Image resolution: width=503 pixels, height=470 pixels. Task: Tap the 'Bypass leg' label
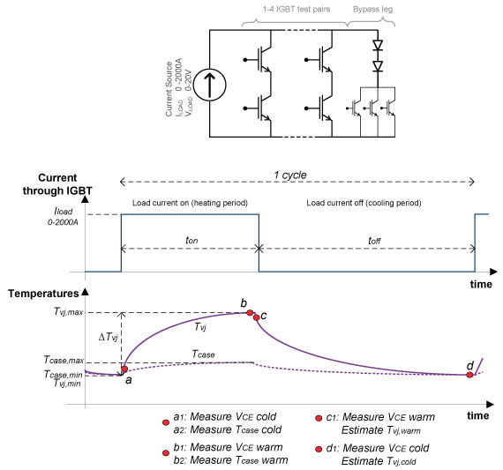[372, 10]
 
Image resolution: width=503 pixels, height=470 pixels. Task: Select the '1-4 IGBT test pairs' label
[297, 10]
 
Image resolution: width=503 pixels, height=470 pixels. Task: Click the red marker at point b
[250, 312]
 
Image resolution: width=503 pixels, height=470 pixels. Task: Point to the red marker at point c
[256, 317]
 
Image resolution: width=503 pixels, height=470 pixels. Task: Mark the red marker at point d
[469, 375]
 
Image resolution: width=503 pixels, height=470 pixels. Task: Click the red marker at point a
[124, 369]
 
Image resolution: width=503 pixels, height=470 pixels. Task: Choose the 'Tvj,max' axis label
[69, 311]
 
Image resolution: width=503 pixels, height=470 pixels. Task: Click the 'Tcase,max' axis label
[64, 360]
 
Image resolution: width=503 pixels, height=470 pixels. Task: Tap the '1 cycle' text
[290, 175]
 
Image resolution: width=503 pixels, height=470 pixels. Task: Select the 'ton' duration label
[191, 240]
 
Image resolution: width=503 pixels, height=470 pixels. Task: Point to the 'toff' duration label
[374, 240]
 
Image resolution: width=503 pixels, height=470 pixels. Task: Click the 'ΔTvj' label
[109, 337]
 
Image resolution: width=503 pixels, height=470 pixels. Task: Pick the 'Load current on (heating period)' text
[190, 203]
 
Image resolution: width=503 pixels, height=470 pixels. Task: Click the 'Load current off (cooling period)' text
[364, 203]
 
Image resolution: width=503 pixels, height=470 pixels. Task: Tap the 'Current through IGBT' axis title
[57, 184]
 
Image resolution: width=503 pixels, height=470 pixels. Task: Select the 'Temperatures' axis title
[43, 294]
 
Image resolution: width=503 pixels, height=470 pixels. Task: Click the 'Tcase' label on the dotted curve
[203, 354]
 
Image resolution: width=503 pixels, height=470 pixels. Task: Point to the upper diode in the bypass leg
[378, 45]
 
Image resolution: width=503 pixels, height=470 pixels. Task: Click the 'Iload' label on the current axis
[64, 211]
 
